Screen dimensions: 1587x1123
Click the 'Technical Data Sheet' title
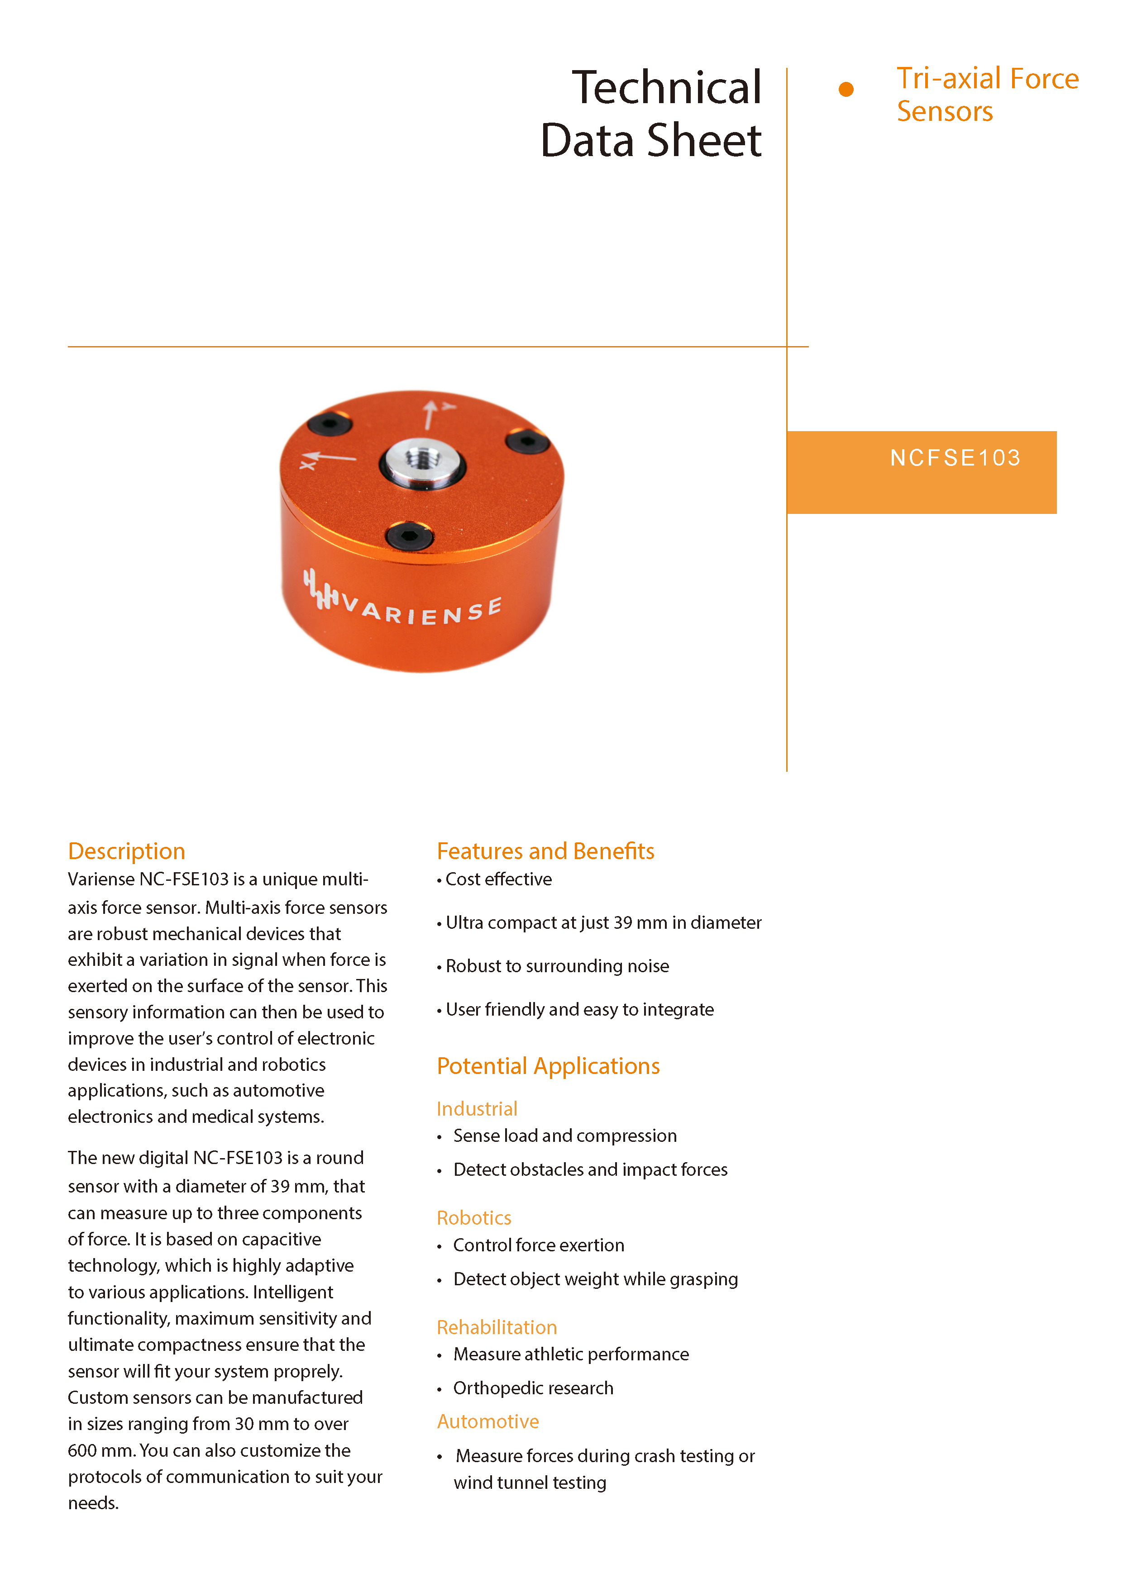[x=651, y=114]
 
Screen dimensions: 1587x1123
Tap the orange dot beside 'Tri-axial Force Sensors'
[x=845, y=89]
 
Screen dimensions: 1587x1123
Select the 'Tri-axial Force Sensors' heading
[x=987, y=95]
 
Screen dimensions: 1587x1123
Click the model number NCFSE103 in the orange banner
[x=955, y=457]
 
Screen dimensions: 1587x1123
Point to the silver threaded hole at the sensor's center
[x=422, y=461]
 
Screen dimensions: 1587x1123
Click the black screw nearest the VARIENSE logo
[x=409, y=536]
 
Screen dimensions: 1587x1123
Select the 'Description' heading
[x=127, y=851]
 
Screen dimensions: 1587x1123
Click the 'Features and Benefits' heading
[x=545, y=851]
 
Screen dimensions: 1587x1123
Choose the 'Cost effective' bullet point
[x=498, y=879]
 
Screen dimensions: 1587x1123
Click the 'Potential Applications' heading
[x=548, y=1066]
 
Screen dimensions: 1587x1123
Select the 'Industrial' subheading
[x=477, y=1109]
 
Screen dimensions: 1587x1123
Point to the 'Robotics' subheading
[x=473, y=1218]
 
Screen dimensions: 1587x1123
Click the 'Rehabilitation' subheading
[x=497, y=1327]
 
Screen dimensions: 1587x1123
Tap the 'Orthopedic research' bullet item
[x=532, y=1388]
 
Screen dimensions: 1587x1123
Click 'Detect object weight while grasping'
[x=595, y=1279]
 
